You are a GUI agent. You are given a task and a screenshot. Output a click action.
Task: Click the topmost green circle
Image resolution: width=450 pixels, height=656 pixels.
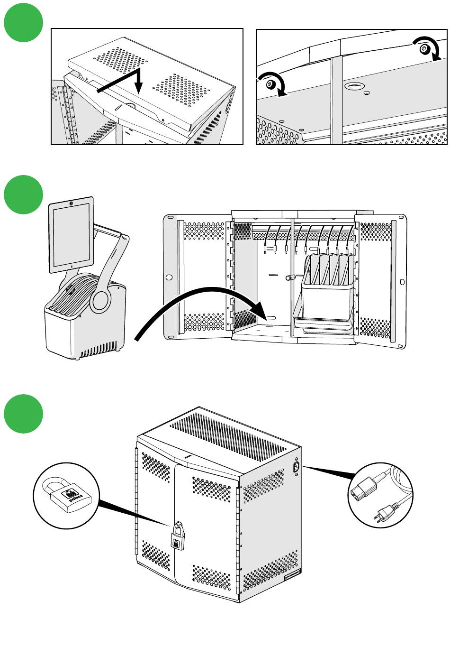point(24,22)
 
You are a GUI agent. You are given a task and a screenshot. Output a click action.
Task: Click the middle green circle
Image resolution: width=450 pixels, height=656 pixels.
point(24,194)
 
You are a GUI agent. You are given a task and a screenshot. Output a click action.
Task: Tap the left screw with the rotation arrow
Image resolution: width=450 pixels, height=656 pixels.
point(270,84)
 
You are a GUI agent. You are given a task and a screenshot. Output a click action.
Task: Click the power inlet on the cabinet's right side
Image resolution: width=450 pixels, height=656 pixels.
point(297,469)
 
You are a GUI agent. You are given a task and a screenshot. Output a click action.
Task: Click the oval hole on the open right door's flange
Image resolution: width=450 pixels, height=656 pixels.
point(402,282)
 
